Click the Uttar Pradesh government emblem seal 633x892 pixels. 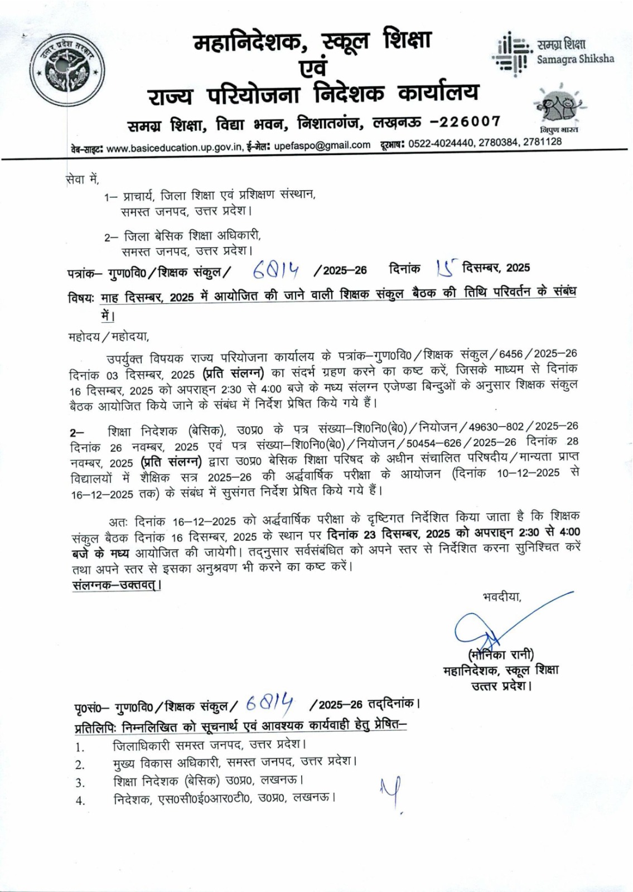[x=62, y=67]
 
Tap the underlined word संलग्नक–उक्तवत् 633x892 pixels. [x=117, y=585]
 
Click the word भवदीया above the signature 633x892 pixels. [x=502, y=597]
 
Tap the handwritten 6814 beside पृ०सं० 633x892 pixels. [x=270, y=704]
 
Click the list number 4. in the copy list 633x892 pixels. [x=80, y=801]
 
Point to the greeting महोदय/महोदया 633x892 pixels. [x=109, y=337]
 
